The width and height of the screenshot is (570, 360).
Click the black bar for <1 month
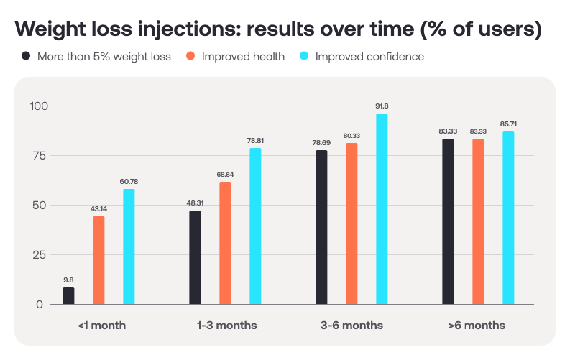click(x=68, y=296)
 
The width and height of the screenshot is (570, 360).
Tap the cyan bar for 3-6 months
click(x=382, y=209)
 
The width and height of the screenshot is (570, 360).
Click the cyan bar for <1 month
click(x=129, y=246)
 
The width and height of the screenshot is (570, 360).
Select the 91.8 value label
click(x=382, y=106)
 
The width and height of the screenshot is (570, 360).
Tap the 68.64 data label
click(x=225, y=175)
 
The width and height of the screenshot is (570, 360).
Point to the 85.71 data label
click(x=508, y=124)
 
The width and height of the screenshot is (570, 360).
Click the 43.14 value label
click(x=98, y=209)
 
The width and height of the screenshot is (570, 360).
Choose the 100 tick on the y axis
click(x=37, y=106)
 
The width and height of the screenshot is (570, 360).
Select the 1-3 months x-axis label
click(x=226, y=326)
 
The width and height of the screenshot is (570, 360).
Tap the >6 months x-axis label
click(x=477, y=326)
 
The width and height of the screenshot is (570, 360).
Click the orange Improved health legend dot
click(x=190, y=56)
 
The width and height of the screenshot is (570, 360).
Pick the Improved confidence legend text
click(x=369, y=56)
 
